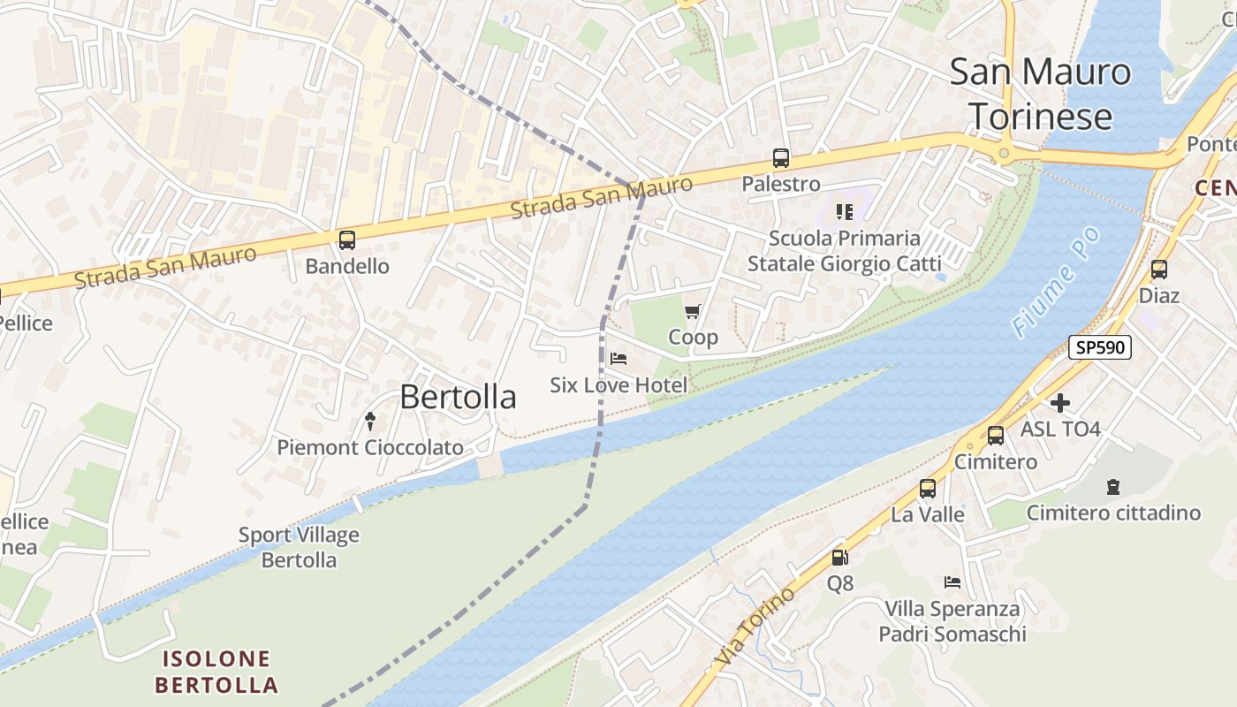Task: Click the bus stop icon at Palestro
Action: click(781, 158)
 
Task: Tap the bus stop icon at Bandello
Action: click(347, 239)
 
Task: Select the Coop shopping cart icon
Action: click(693, 311)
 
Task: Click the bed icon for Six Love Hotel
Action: click(618, 359)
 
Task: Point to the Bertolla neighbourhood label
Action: click(458, 397)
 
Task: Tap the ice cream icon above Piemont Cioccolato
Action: click(370, 422)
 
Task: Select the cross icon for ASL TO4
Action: click(1060, 403)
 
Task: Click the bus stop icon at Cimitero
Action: click(996, 436)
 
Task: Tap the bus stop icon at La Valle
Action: click(928, 488)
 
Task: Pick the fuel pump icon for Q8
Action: click(839, 557)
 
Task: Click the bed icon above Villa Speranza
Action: click(952, 582)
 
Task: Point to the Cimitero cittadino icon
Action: click(1113, 486)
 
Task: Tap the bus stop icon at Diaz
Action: click(1158, 270)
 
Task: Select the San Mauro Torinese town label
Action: click(1040, 94)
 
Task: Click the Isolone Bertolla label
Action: click(216, 671)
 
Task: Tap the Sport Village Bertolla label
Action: click(299, 547)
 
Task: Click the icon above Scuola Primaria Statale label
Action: click(845, 212)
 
